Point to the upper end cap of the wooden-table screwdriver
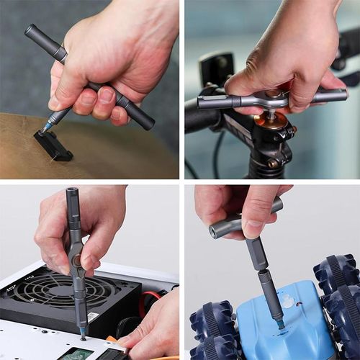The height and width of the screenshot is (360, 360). [x=30, y=30]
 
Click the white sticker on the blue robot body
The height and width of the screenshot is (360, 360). [x=289, y=301]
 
